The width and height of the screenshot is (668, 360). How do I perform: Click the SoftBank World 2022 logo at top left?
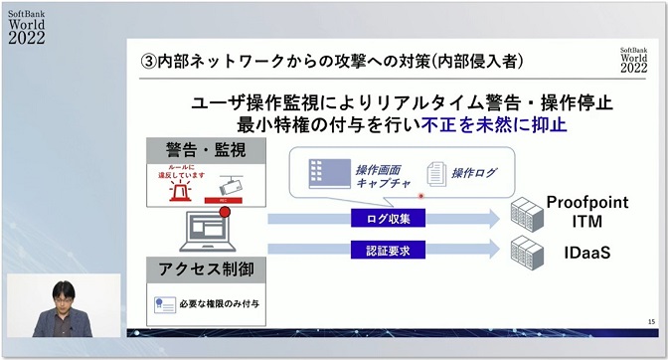pyautogui.click(x=30, y=21)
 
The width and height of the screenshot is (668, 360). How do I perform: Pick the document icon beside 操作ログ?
pyautogui.click(x=434, y=173)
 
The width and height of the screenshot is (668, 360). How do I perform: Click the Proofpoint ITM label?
pyautogui.click(x=586, y=211)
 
